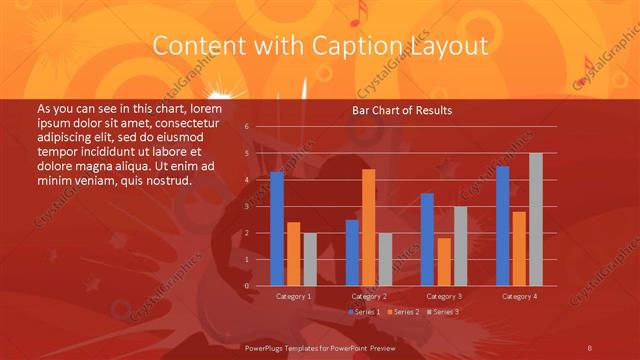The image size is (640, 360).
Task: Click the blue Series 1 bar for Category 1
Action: pos(277,229)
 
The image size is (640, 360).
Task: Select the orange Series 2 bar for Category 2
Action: pos(368,228)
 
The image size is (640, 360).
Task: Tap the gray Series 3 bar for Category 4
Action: pos(535,220)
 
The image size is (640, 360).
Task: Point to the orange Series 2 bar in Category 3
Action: pos(443,262)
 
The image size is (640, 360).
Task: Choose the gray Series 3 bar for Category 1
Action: pos(310,260)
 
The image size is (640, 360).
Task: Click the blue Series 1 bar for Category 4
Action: pos(502,226)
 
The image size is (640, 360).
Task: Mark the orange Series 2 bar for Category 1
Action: pos(293,254)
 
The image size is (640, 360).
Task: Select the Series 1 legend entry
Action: pos(365,312)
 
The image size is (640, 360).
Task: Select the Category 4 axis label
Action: pos(518,296)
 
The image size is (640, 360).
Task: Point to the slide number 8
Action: pos(590,346)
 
